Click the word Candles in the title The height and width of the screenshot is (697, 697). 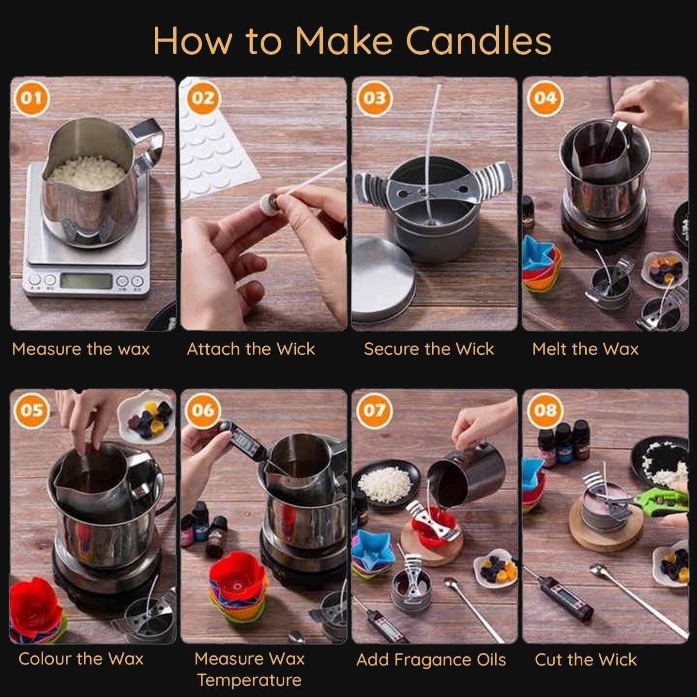coord(478,41)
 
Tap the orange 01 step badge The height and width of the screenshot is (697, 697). coord(31,98)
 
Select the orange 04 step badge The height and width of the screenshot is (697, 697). coord(545,98)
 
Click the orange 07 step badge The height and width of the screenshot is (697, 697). coord(374,410)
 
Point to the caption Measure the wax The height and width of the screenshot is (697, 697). coord(81,349)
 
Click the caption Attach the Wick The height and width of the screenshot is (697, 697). coord(251,349)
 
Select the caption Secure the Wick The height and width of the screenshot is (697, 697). coord(429,349)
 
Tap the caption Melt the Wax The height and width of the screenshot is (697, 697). coord(585,349)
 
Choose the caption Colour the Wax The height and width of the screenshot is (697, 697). coord(81,659)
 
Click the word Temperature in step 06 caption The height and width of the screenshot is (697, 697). coord(249,681)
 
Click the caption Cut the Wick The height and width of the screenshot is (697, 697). coord(586,659)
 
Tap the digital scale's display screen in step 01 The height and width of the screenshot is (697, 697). coord(86,281)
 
